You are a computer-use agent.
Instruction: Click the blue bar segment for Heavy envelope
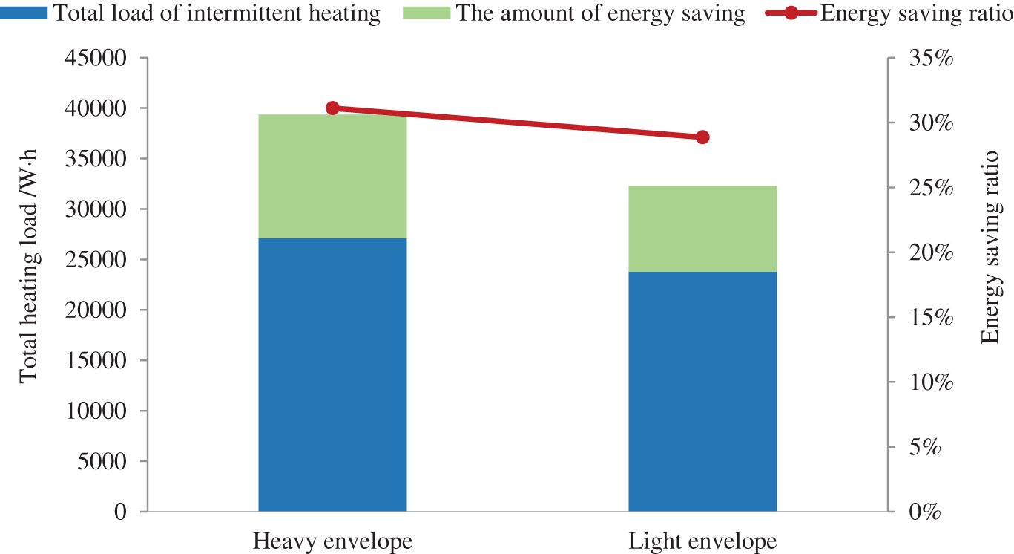point(332,374)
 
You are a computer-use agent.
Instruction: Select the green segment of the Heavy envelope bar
point(332,177)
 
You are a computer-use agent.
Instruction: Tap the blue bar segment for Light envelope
point(702,391)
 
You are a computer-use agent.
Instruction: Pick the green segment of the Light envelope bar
point(702,229)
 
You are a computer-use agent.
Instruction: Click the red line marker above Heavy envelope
point(332,108)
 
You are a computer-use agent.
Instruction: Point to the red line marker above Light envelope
point(702,137)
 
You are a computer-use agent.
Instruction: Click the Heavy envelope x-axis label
point(332,541)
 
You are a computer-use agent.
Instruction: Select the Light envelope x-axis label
point(702,541)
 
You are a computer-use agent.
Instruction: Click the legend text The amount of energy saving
point(600,13)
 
